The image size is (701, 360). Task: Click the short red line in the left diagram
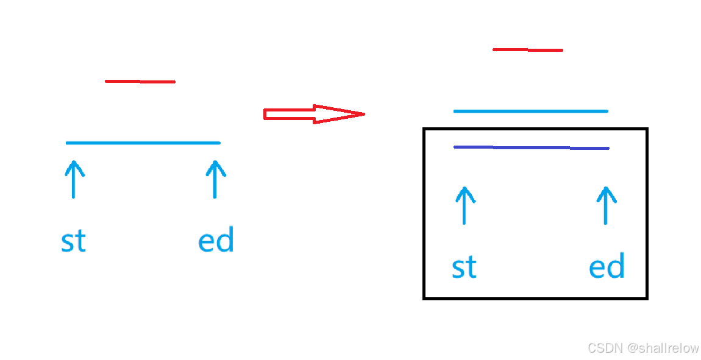(140, 82)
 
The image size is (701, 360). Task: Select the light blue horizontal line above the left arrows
(143, 143)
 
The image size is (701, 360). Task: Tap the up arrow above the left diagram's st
(74, 179)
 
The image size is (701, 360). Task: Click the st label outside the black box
(73, 241)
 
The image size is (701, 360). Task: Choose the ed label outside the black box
(216, 241)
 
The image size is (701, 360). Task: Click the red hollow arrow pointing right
(311, 114)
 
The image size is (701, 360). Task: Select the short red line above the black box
(527, 50)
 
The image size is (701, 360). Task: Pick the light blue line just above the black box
(530, 111)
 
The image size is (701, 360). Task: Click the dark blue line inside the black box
(531, 147)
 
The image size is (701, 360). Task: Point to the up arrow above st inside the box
(464, 205)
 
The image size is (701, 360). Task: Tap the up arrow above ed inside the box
(605, 205)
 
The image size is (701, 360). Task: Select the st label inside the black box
(464, 267)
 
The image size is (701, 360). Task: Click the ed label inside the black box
(607, 267)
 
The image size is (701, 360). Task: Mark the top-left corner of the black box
(424, 129)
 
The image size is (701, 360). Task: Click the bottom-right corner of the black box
(646, 298)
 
